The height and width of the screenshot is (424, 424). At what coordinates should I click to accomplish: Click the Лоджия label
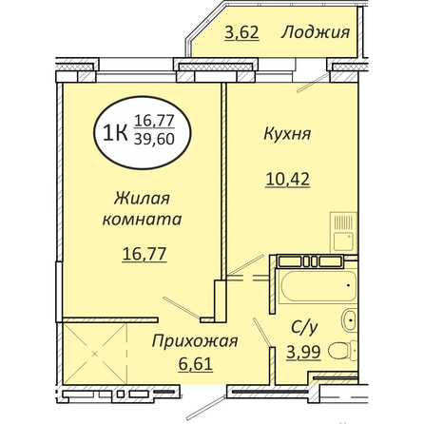pos(316,32)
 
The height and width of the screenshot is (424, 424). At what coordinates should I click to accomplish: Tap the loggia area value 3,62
pos(241,32)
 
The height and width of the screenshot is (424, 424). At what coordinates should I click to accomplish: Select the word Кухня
pos(287,134)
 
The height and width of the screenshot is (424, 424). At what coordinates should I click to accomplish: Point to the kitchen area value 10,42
pos(288,180)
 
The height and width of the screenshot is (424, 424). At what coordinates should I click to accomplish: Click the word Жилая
pos(142,199)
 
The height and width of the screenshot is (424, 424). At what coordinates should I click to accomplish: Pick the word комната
pos(142,220)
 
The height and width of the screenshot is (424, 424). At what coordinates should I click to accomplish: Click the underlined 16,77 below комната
pos(145,255)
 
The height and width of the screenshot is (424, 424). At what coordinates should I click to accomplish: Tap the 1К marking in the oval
pos(116,133)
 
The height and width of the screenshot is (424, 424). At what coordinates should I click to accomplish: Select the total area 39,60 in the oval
pos(154,139)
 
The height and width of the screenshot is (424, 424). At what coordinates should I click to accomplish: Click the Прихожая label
pos(195,342)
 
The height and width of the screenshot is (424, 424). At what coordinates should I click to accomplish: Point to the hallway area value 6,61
pos(195,364)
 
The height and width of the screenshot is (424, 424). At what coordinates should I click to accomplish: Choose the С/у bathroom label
pos(304,329)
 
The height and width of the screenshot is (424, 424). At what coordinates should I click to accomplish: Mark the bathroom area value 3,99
pos(304,352)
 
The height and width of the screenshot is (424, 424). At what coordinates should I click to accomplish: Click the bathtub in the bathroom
pos(318,286)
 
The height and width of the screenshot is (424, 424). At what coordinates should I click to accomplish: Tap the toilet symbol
pos(342,352)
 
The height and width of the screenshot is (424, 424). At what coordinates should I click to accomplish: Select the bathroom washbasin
pos(350,320)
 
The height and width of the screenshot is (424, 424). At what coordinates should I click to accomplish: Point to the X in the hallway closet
pos(94,354)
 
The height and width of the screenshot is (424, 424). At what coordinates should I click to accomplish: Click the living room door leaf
pos(182,308)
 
